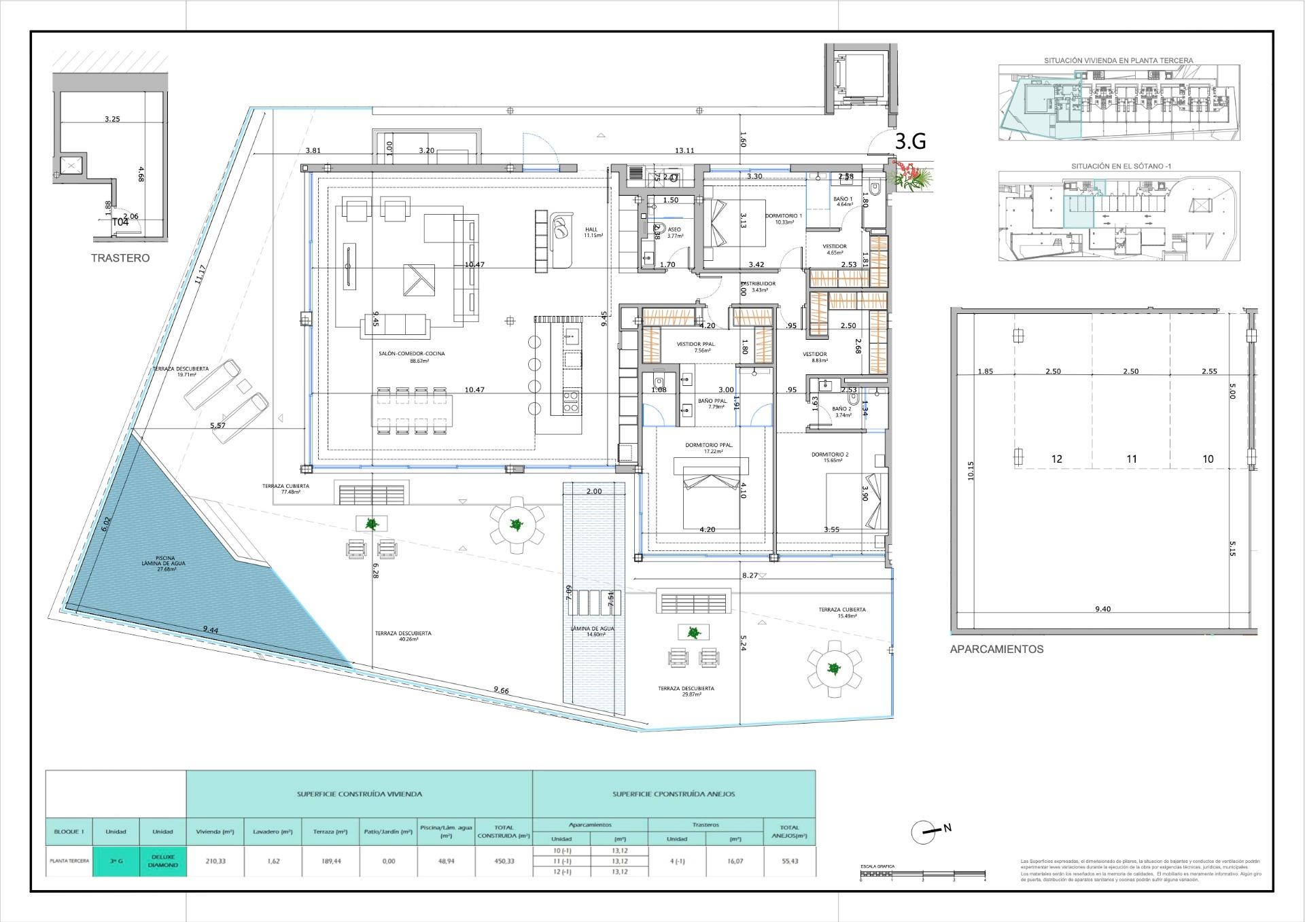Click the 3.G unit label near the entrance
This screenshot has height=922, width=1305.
pyautogui.click(x=910, y=141)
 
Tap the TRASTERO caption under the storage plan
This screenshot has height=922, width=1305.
pyautogui.click(x=120, y=258)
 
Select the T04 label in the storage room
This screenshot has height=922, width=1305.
pyautogui.click(x=120, y=222)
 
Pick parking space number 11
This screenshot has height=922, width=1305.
pyautogui.click(x=1131, y=459)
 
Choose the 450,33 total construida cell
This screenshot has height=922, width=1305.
pyautogui.click(x=504, y=861)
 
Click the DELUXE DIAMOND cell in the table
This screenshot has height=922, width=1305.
pyautogui.click(x=162, y=861)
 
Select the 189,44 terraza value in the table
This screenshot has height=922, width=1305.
pyautogui.click(x=330, y=861)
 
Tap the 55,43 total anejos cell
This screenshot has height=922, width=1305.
pyautogui.click(x=790, y=861)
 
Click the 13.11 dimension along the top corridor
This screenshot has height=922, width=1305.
pyautogui.click(x=684, y=151)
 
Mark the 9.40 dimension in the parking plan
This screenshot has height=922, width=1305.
pyautogui.click(x=1102, y=609)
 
